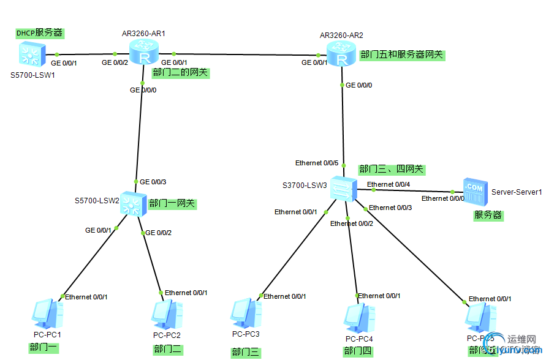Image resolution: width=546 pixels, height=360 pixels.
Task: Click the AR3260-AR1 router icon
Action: [145, 53]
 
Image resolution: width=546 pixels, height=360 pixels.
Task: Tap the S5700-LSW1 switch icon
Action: [30, 55]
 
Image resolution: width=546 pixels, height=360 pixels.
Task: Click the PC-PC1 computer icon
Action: [47, 313]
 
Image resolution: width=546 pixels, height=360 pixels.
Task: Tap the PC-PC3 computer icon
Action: [245, 313]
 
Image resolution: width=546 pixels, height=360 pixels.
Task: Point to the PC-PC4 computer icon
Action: [358, 316]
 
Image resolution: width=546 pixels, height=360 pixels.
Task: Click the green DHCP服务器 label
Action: [40, 33]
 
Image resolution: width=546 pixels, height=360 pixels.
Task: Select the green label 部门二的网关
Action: [181, 73]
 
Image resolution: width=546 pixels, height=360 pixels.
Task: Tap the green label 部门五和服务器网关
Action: [401, 54]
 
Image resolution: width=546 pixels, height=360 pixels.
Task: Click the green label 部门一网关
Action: [172, 203]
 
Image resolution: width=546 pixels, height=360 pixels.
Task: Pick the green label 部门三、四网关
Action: [391, 169]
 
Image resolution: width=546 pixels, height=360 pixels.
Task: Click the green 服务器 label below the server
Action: [488, 215]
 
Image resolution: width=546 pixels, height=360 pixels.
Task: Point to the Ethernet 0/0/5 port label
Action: [317, 163]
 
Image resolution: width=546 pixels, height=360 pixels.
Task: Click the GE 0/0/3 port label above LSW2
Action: [153, 182]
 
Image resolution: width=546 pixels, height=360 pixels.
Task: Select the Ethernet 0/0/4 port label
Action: [389, 184]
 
